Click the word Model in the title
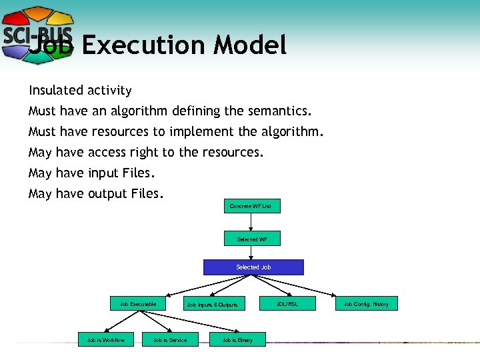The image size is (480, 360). (x=250, y=45)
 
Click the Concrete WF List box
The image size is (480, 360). (x=251, y=206)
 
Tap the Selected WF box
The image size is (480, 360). (x=252, y=239)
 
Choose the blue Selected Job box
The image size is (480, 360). (x=253, y=267)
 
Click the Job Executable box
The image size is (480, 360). (x=138, y=304)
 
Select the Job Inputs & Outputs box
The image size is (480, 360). (x=212, y=305)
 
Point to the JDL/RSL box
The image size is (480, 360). (x=287, y=304)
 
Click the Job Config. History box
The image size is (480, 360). (x=366, y=304)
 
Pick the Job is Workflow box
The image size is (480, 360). (x=106, y=340)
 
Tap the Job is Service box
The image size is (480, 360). (x=170, y=340)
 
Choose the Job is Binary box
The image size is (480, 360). (x=237, y=340)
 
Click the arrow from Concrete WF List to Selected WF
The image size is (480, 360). (x=251, y=222)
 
